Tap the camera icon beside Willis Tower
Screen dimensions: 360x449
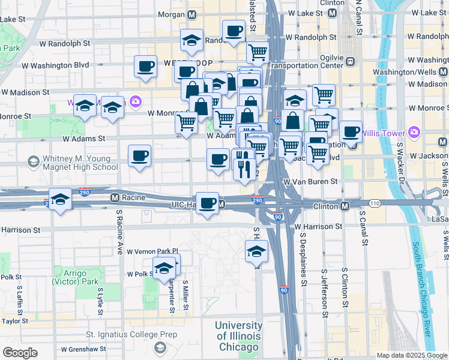[x=414, y=132]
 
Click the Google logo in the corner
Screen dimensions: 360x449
[x=20, y=352]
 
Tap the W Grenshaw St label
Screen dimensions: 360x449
[x=83, y=349]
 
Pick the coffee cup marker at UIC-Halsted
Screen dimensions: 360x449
[x=208, y=203]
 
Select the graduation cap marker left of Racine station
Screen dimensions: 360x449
[x=60, y=199]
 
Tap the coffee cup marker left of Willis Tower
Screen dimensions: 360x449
[x=351, y=132]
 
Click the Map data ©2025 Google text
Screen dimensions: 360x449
[x=412, y=355]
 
